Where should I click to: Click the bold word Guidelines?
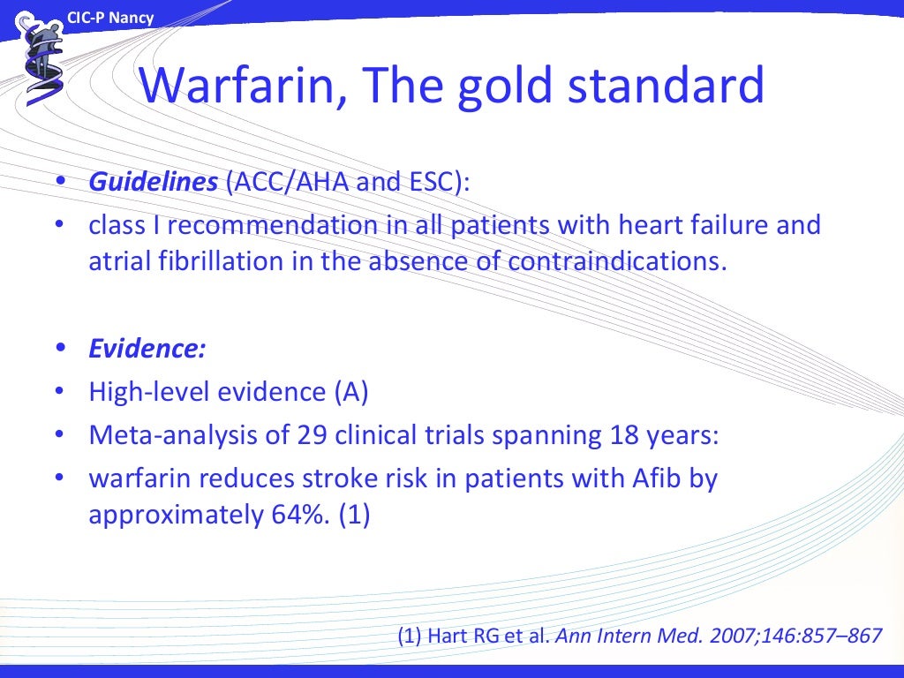tap(153, 182)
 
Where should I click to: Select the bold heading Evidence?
tap(147, 349)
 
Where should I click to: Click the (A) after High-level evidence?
tap(350, 392)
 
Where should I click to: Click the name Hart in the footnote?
tap(451, 635)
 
